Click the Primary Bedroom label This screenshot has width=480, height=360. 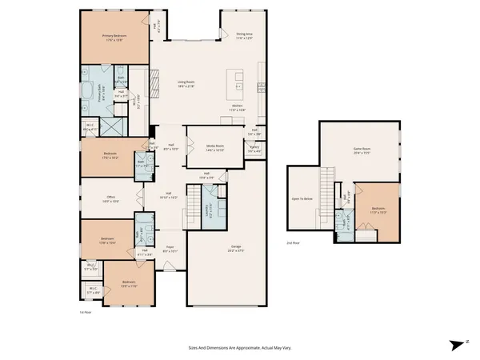coord(115,37)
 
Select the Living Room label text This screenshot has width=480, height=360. coord(186,83)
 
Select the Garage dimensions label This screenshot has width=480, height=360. coord(236,251)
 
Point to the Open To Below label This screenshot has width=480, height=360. coord(302,198)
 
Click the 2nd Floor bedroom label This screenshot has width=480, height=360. coord(379,211)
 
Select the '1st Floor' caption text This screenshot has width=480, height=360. coord(86,311)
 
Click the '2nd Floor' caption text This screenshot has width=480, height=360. coord(294,242)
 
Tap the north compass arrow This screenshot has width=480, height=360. coord(454,344)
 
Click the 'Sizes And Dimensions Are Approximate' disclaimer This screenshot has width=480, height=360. coord(238,347)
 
